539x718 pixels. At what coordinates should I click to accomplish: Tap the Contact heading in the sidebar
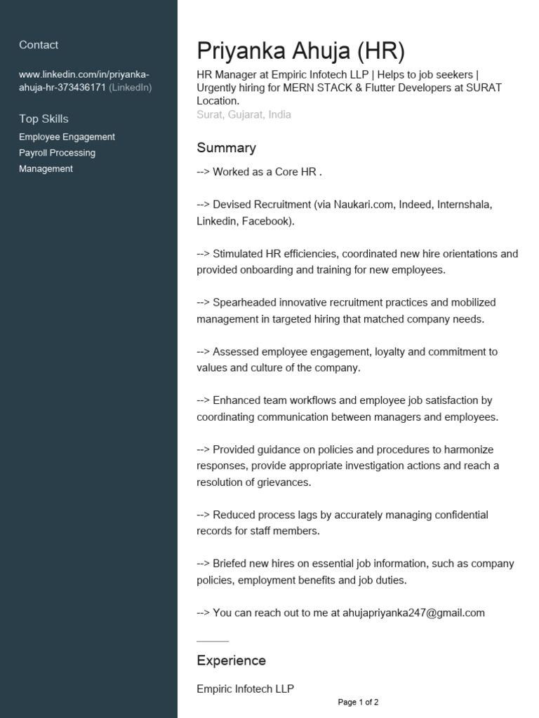pos(39,45)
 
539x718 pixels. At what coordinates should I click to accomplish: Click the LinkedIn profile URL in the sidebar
pos(84,81)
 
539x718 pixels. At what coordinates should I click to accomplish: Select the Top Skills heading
pos(44,118)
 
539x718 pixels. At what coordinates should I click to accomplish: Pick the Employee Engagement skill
pos(67,137)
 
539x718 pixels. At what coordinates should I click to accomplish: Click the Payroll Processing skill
pos(57,153)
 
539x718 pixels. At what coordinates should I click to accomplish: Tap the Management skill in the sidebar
pos(46,169)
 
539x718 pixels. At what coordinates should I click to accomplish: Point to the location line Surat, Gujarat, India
pos(244,114)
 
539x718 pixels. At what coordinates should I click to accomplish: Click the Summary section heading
pos(226,148)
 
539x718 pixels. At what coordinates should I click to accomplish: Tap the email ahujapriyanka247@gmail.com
pos(413,613)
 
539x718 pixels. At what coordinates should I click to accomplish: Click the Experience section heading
pos(231,661)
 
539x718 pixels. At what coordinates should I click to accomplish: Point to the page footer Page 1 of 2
pos(358,702)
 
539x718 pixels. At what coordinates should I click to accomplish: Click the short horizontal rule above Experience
pos(213,641)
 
